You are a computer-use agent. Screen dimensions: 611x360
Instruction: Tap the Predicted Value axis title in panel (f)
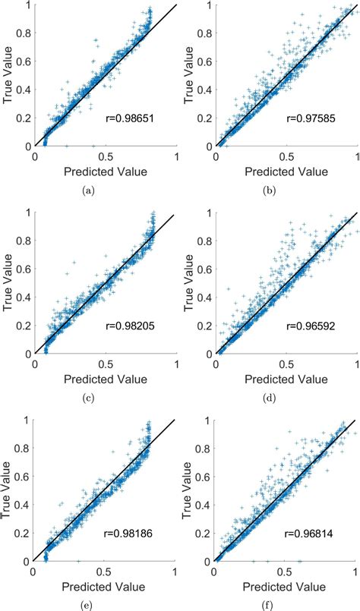[x=286, y=586]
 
